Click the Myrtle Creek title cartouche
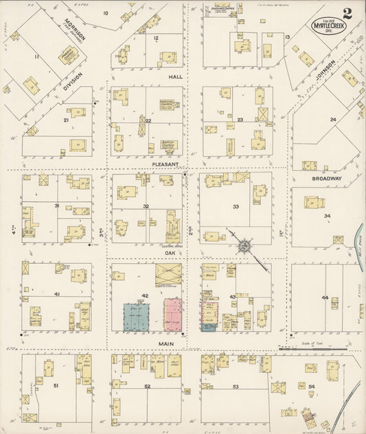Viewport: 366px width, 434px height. [x=330, y=25]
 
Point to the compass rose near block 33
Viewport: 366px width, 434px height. [x=243, y=244]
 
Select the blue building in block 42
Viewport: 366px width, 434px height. [x=137, y=317]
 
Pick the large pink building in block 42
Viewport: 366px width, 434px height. [x=172, y=315]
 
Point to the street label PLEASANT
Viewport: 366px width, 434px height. [x=165, y=165]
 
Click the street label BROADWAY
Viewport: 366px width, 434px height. [x=327, y=179]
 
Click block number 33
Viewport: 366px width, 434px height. [x=236, y=207]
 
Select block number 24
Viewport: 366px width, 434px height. [x=333, y=119]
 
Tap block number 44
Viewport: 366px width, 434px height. [x=324, y=297]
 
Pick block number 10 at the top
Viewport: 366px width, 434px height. [x=106, y=13]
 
